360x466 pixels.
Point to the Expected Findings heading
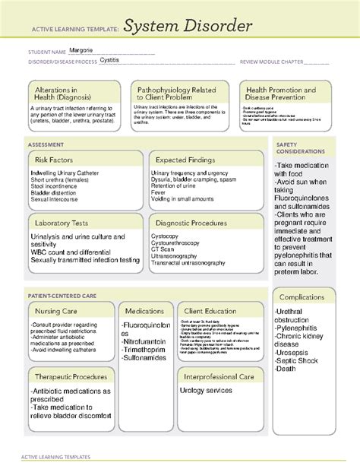click(186, 160)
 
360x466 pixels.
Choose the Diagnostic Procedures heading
click(191, 223)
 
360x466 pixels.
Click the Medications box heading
click(144, 311)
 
